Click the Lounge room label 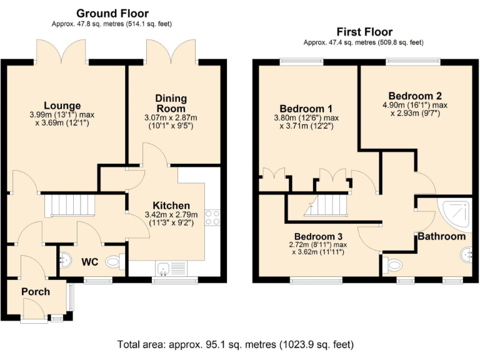[x=62, y=106]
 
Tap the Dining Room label [x=171, y=104]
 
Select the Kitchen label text [x=171, y=206]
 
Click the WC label [x=90, y=262]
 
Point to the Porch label [x=36, y=292]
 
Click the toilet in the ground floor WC [x=115, y=262]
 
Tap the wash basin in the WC [x=65, y=259]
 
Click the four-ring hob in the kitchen [x=212, y=217]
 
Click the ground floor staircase [x=70, y=206]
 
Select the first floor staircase [x=326, y=206]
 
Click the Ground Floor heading [x=112, y=14]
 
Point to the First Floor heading [x=364, y=32]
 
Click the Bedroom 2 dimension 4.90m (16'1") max [x=415, y=105]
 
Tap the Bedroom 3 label [x=318, y=237]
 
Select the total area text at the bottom [x=236, y=345]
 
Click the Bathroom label [x=442, y=236]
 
